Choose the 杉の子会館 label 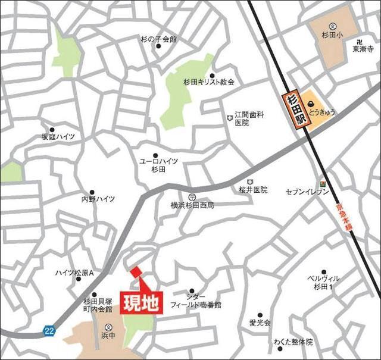click(158, 39)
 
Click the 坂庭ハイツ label click(58, 137)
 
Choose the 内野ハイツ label click(98, 199)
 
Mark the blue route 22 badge click(50, 330)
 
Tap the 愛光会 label click(260, 323)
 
